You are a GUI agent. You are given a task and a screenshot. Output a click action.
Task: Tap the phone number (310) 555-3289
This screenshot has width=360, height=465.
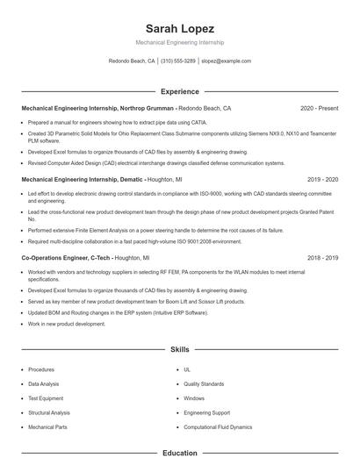(178, 61)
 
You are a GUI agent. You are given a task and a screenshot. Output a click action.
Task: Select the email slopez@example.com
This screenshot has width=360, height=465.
(226, 61)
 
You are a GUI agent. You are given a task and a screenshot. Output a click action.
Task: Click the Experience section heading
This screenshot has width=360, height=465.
(179, 91)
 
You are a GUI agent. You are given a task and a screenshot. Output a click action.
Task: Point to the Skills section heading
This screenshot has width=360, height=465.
(179, 349)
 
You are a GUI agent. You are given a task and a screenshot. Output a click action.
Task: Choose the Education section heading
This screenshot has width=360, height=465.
(179, 454)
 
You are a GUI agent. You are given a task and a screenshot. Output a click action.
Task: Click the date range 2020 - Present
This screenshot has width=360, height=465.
(319, 109)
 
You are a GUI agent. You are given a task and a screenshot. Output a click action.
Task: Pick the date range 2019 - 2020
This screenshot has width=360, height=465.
(321, 178)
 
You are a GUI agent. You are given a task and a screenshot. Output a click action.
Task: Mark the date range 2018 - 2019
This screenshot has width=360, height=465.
(322, 259)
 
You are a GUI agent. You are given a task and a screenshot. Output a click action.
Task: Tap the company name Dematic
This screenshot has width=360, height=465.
(129, 178)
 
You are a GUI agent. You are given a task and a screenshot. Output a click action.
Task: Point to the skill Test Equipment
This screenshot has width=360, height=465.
(47, 398)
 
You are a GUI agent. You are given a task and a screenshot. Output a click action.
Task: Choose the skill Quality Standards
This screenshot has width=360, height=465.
(204, 383)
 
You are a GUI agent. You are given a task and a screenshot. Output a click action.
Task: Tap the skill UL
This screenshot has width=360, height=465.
(187, 369)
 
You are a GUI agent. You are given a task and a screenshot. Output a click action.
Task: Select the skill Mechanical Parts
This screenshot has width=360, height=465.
(47, 426)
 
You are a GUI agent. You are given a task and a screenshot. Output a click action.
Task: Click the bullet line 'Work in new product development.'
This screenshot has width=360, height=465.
(67, 324)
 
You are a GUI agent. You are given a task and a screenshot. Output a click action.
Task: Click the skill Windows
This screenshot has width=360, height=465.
(194, 398)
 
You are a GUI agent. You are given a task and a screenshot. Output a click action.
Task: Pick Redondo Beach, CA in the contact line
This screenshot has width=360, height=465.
(132, 61)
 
